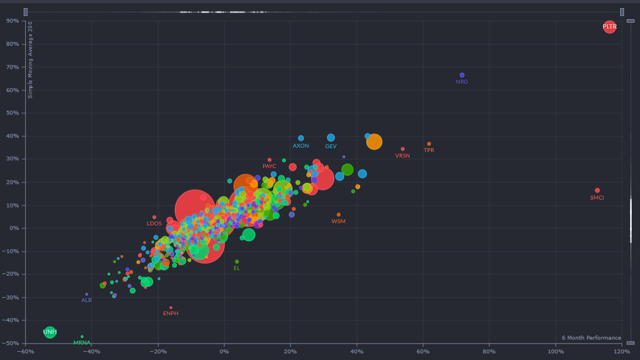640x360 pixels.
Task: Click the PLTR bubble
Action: (x=609, y=26)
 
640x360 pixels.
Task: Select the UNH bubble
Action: (x=50, y=332)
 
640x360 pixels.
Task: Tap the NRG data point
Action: (x=462, y=75)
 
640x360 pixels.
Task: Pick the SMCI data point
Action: (x=597, y=190)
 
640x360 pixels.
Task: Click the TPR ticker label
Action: (x=429, y=150)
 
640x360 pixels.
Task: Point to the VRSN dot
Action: (x=403, y=149)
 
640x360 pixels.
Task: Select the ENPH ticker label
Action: (x=171, y=314)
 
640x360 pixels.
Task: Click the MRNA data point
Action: (x=82, y=336)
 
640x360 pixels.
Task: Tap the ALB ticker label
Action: (x=86, y=301)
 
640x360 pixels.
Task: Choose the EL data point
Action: (x=237, y=261)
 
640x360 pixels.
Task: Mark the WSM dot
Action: (x=338, y=215)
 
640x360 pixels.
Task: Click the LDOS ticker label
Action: (x=154, y=224)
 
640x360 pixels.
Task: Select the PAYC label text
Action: (x=269, y=166)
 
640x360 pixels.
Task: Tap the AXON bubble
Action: (x=301, y=138)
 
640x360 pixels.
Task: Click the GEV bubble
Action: (x=331, y=138)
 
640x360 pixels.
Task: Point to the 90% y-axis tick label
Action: (x=12, y=21)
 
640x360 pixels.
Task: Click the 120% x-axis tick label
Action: (x=622, y=351)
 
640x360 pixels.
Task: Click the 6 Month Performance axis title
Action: (x=591, y=338)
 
